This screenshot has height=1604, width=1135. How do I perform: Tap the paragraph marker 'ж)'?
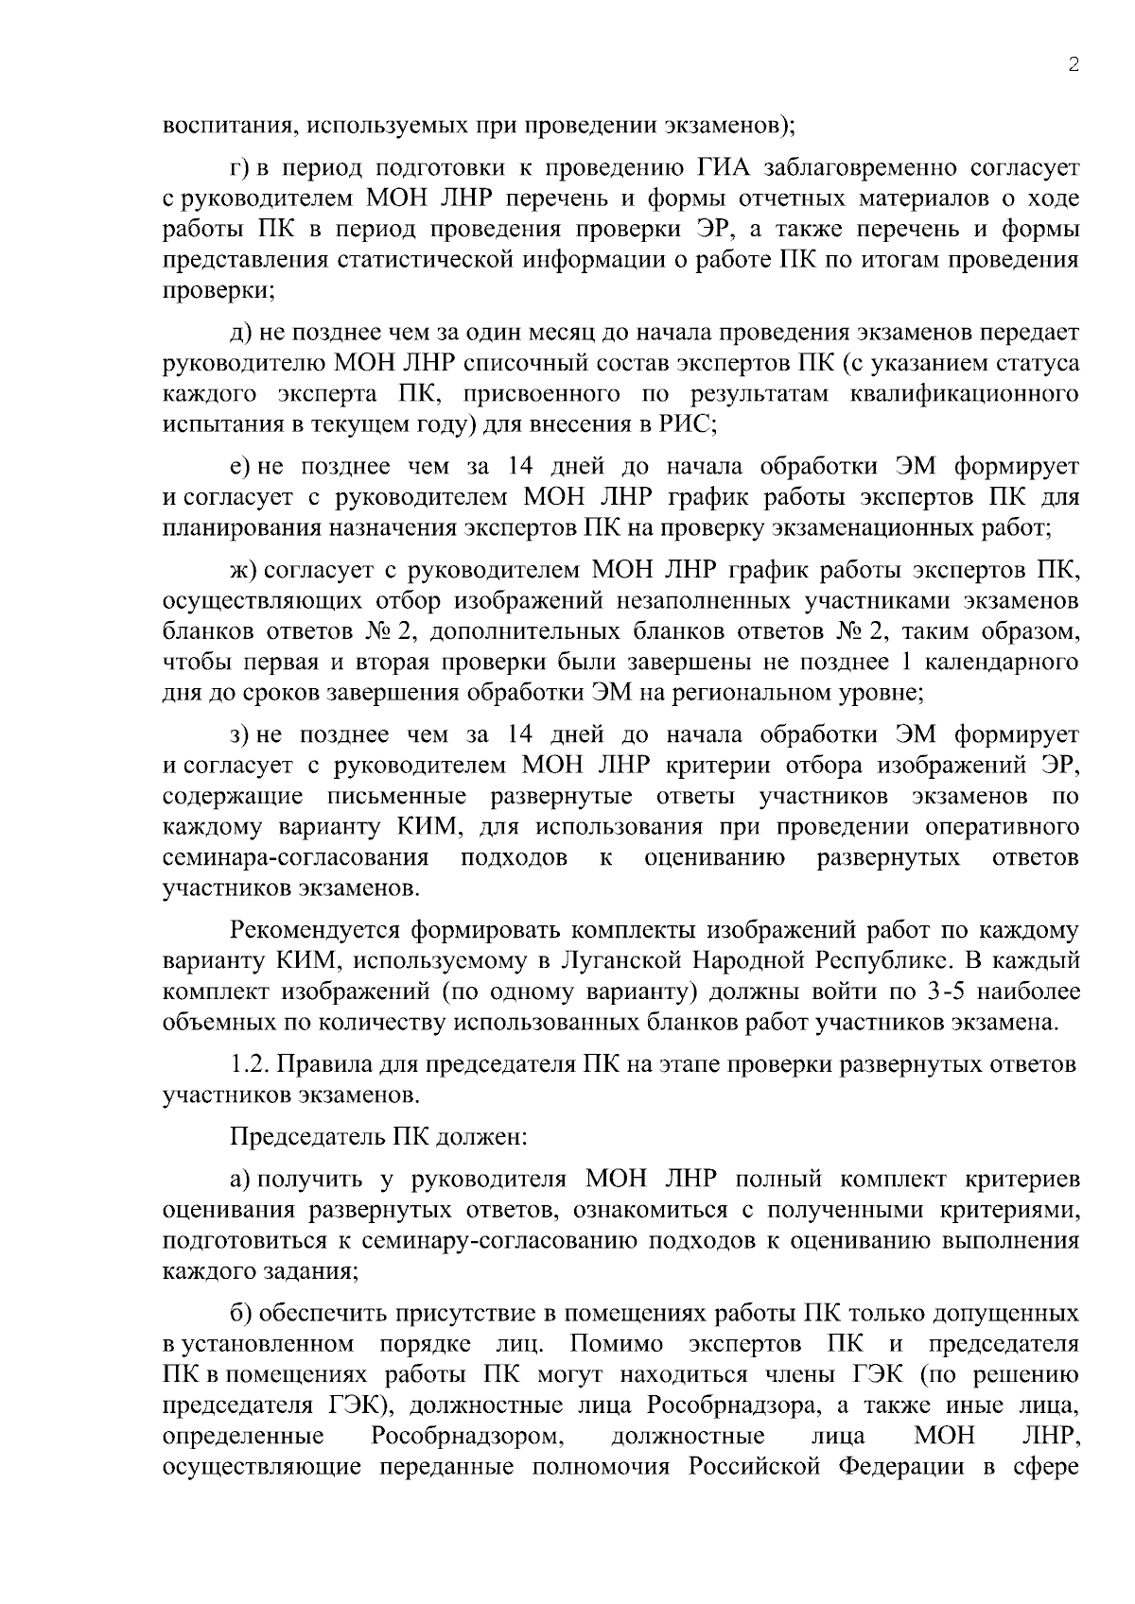click(x=242, y=570)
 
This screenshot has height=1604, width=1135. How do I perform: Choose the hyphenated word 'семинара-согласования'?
click(x=296, y=857)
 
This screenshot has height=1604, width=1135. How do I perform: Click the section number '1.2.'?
click(x=250, y=1064)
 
